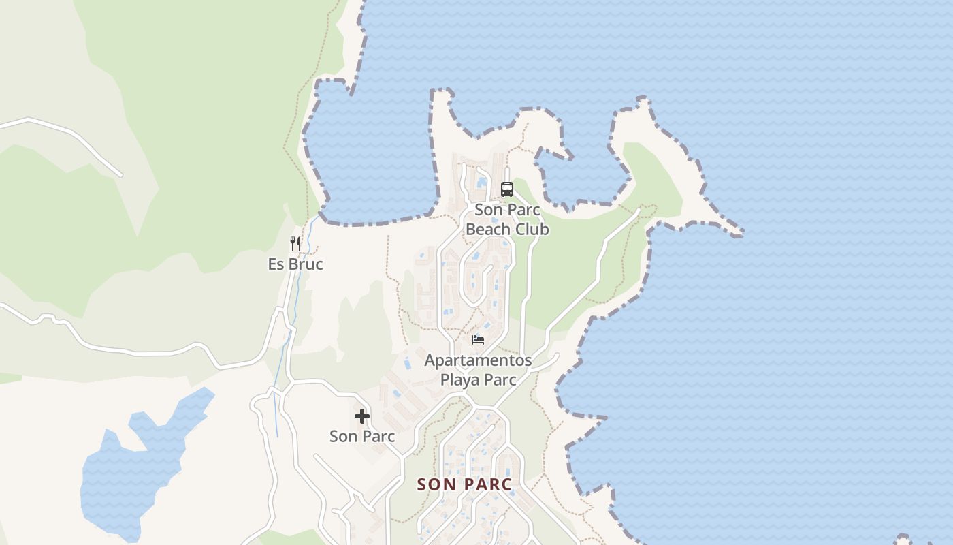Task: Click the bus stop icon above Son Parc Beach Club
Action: coord(506,189)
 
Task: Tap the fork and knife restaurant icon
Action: coord(295,244)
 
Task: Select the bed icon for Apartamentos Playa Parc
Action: coord(478,339)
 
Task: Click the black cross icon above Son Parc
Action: coord(362,416)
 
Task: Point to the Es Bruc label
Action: coord(295,264)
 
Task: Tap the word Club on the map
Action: coord(532,230)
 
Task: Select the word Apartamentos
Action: coord(478,360)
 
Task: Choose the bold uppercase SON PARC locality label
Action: coord(464,484)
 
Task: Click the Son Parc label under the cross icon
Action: coord(362,436)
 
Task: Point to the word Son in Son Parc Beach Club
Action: coord(488,210)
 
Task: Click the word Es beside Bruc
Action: coord(276,264)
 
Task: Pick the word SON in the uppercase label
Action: coord(432,484)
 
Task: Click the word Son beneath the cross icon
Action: coord(343,436)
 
